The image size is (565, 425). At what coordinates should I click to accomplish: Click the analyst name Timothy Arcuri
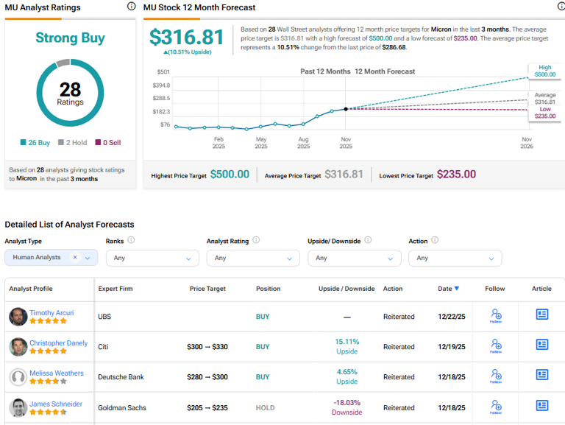click(x=51, y=312)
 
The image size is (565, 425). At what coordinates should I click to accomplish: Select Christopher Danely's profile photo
click(x=18, y=347)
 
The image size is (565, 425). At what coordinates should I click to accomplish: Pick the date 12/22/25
click(x=451, y=317)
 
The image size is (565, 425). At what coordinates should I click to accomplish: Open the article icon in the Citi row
click(x=542, y=345)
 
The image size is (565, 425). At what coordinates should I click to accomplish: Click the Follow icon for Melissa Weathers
click(x=496, y=376)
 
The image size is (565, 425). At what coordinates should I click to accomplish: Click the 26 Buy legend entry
click(x=35, y=142)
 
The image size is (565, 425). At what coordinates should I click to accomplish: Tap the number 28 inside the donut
click(x=70, y=90)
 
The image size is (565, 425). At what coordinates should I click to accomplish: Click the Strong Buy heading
click(x=70, y=38)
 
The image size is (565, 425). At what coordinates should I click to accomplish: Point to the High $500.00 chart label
click(x=544, y=71)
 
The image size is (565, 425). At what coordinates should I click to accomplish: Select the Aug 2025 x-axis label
click(x=303, y=142)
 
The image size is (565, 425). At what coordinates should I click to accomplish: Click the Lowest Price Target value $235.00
click(x=456, y=175)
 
